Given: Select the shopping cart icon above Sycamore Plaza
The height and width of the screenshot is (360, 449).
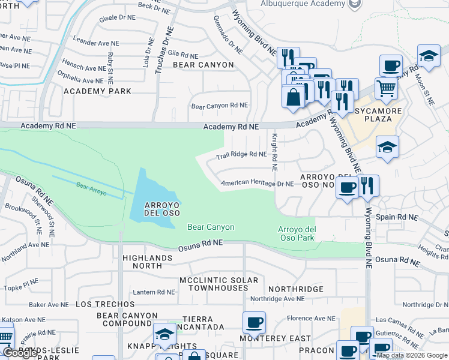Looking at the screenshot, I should tap(386, 89).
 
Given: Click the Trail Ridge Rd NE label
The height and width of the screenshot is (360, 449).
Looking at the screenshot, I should tap(241, 155).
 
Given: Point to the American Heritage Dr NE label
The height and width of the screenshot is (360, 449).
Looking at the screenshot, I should tap(257, 184).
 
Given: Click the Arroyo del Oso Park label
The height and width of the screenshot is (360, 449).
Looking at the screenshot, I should tap(297, 233).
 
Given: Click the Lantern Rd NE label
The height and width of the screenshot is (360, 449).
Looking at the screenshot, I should tap(154, 292).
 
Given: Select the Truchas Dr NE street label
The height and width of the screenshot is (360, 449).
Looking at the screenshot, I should tap(159, 49).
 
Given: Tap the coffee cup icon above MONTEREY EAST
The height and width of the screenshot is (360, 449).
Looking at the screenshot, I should tap(254, 323).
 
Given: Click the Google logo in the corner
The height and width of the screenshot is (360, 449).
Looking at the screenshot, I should tap(20, 353).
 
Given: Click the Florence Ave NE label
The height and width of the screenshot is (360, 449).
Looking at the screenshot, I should tap(310, 319).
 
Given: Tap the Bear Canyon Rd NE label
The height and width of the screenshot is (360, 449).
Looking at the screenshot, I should tap(219, 106).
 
